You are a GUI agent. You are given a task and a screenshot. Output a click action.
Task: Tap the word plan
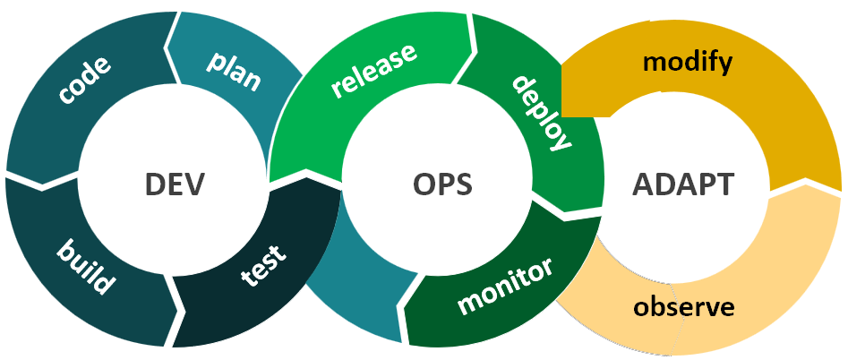click(234, 71)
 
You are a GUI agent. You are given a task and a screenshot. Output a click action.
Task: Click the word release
click(373, 71)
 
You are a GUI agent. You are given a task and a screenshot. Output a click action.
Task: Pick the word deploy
click(541, 111)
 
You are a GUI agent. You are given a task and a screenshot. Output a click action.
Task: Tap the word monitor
click(505, 287)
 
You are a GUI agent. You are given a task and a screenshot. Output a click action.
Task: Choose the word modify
click(688, 64)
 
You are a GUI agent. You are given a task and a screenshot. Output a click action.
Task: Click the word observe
click(684, 307)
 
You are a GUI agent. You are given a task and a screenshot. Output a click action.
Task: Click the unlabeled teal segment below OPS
click(354, 287)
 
